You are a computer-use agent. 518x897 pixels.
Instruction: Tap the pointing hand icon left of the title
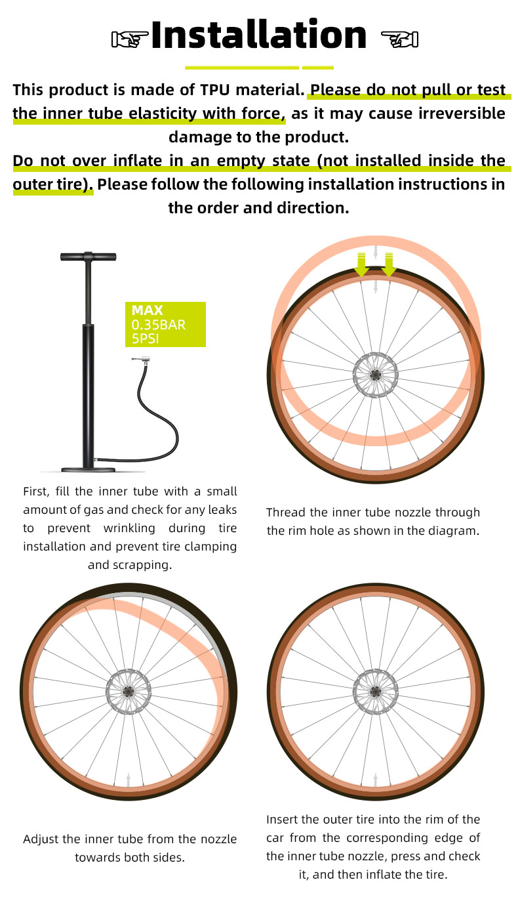point(130,39)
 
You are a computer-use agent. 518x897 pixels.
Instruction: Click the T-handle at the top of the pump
point(89,257)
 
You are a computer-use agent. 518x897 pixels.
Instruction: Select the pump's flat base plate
point(88,469)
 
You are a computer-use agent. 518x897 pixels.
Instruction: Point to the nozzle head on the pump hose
point(141,360)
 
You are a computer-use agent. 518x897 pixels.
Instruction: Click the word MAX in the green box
point(147,310)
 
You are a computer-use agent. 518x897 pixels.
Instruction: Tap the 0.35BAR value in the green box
point(159,324)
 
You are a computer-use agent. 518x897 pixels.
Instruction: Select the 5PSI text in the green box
point(145,339)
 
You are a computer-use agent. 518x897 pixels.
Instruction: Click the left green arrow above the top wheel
point(361,264)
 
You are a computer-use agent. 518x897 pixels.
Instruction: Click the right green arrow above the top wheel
point(388,264)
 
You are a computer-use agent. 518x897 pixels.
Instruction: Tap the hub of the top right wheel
point(375,375)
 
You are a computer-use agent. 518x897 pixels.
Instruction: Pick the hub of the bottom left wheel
point(128,691)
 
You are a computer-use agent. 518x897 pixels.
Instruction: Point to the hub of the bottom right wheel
point(375,691)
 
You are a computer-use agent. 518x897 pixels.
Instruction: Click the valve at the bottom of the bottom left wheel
point(128,780)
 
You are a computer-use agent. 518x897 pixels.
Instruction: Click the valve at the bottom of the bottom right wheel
point(375,780)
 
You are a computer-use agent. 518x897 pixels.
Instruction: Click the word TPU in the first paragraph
point(215,90)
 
